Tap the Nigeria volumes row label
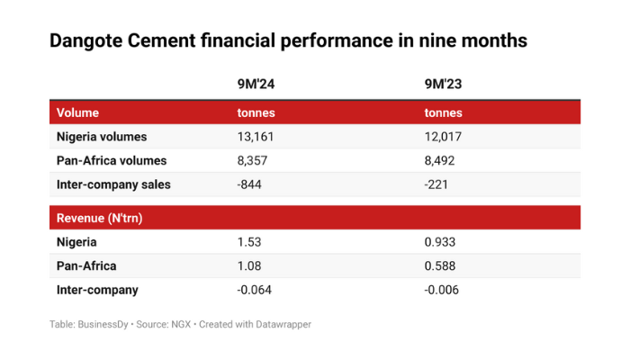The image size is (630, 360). click(x=102, y=137)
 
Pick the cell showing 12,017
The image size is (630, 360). click(x=444, y=137)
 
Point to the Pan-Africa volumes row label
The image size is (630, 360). click(x=112, y=160)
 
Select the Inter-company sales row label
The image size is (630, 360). click(x=113, y=184)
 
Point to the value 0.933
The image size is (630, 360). click(x=439, y=242)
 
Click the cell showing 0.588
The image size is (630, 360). click(x=439, y=265)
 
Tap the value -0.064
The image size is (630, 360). click(x=253, y=289)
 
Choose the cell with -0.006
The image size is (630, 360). click(x=442, y=289)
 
